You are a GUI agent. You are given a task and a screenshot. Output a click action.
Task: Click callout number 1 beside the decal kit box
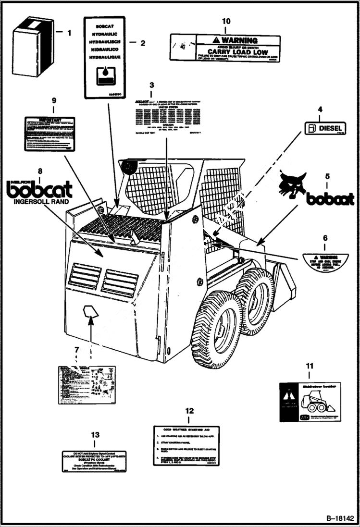69,33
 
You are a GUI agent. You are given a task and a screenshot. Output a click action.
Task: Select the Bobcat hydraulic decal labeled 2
104,57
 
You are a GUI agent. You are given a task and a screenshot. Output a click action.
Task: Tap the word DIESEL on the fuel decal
330,128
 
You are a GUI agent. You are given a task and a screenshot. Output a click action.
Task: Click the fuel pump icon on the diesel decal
312,128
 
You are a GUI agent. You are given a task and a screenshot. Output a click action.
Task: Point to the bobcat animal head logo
292,184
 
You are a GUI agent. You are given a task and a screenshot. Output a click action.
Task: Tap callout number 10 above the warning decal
225,21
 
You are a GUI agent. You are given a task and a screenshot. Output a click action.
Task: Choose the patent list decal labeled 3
166,115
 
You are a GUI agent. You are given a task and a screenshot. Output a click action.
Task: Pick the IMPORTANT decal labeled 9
50,133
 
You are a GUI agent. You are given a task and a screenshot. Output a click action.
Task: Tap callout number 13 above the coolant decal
95,435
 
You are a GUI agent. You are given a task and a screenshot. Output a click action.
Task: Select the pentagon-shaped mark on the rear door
90,312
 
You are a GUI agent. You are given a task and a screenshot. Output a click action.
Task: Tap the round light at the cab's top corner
129,167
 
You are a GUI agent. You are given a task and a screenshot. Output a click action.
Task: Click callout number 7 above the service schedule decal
76,351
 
